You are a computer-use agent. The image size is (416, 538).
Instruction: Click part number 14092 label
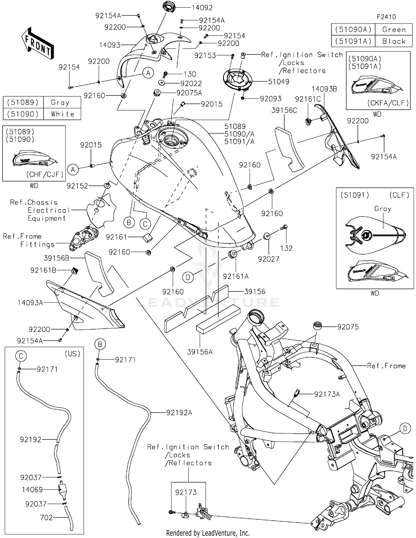click(202, 8)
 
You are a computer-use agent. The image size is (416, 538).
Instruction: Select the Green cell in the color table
click(394, 29)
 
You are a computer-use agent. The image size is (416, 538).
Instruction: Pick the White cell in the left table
click(62, 114)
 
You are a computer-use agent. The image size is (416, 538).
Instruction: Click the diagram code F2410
click(386, 17)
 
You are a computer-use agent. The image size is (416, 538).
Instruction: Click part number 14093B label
click(324, 89)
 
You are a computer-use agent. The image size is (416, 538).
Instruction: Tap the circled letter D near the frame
click(405, 429)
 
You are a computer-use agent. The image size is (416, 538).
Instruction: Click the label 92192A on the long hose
click(179, 413)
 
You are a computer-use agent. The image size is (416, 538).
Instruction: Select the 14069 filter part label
click(32, 490)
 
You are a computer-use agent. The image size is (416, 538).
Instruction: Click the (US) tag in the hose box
click(72, 353)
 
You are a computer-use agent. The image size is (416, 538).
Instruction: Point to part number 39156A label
click(200, 352)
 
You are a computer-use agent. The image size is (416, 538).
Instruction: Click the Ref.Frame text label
click(386, 366)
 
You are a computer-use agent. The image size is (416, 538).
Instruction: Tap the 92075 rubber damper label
click(348, 327)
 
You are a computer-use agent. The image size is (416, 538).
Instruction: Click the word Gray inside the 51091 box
click(382, 209)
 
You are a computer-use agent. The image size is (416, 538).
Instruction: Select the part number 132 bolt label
click(286, 248)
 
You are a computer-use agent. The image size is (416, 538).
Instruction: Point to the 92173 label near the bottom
click(186, 492)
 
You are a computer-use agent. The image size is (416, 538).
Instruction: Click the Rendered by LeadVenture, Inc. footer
click(208, 533)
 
